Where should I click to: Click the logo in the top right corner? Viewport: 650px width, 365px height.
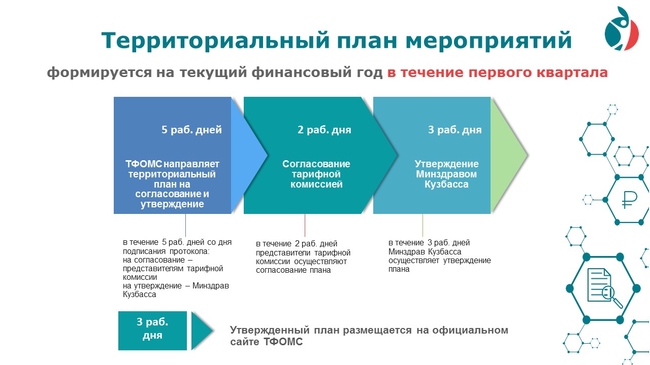pos(622,28)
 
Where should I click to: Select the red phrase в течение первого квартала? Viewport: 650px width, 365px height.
pos(497,72)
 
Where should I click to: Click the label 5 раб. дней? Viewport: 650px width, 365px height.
pos(191,129)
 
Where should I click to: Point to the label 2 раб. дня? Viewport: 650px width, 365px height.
pos(324,129)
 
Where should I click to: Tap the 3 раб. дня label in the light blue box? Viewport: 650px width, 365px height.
pos(454,129)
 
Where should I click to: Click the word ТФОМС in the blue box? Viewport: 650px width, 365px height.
pos(144,164)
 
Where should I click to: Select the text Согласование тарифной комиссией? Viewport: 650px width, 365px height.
pos(316,174)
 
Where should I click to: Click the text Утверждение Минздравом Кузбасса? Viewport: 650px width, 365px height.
pos(446,174)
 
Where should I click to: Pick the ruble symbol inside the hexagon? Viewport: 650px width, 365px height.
pos(629,200)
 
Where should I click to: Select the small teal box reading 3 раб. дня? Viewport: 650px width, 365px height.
pos(152,331)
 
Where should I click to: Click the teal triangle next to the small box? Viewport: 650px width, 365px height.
pos(202,331)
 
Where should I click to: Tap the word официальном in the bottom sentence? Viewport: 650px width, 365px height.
pos(470,330)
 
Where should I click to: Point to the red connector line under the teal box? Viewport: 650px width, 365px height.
pos(305,226)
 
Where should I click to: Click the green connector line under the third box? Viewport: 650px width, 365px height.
pos(422,226)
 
